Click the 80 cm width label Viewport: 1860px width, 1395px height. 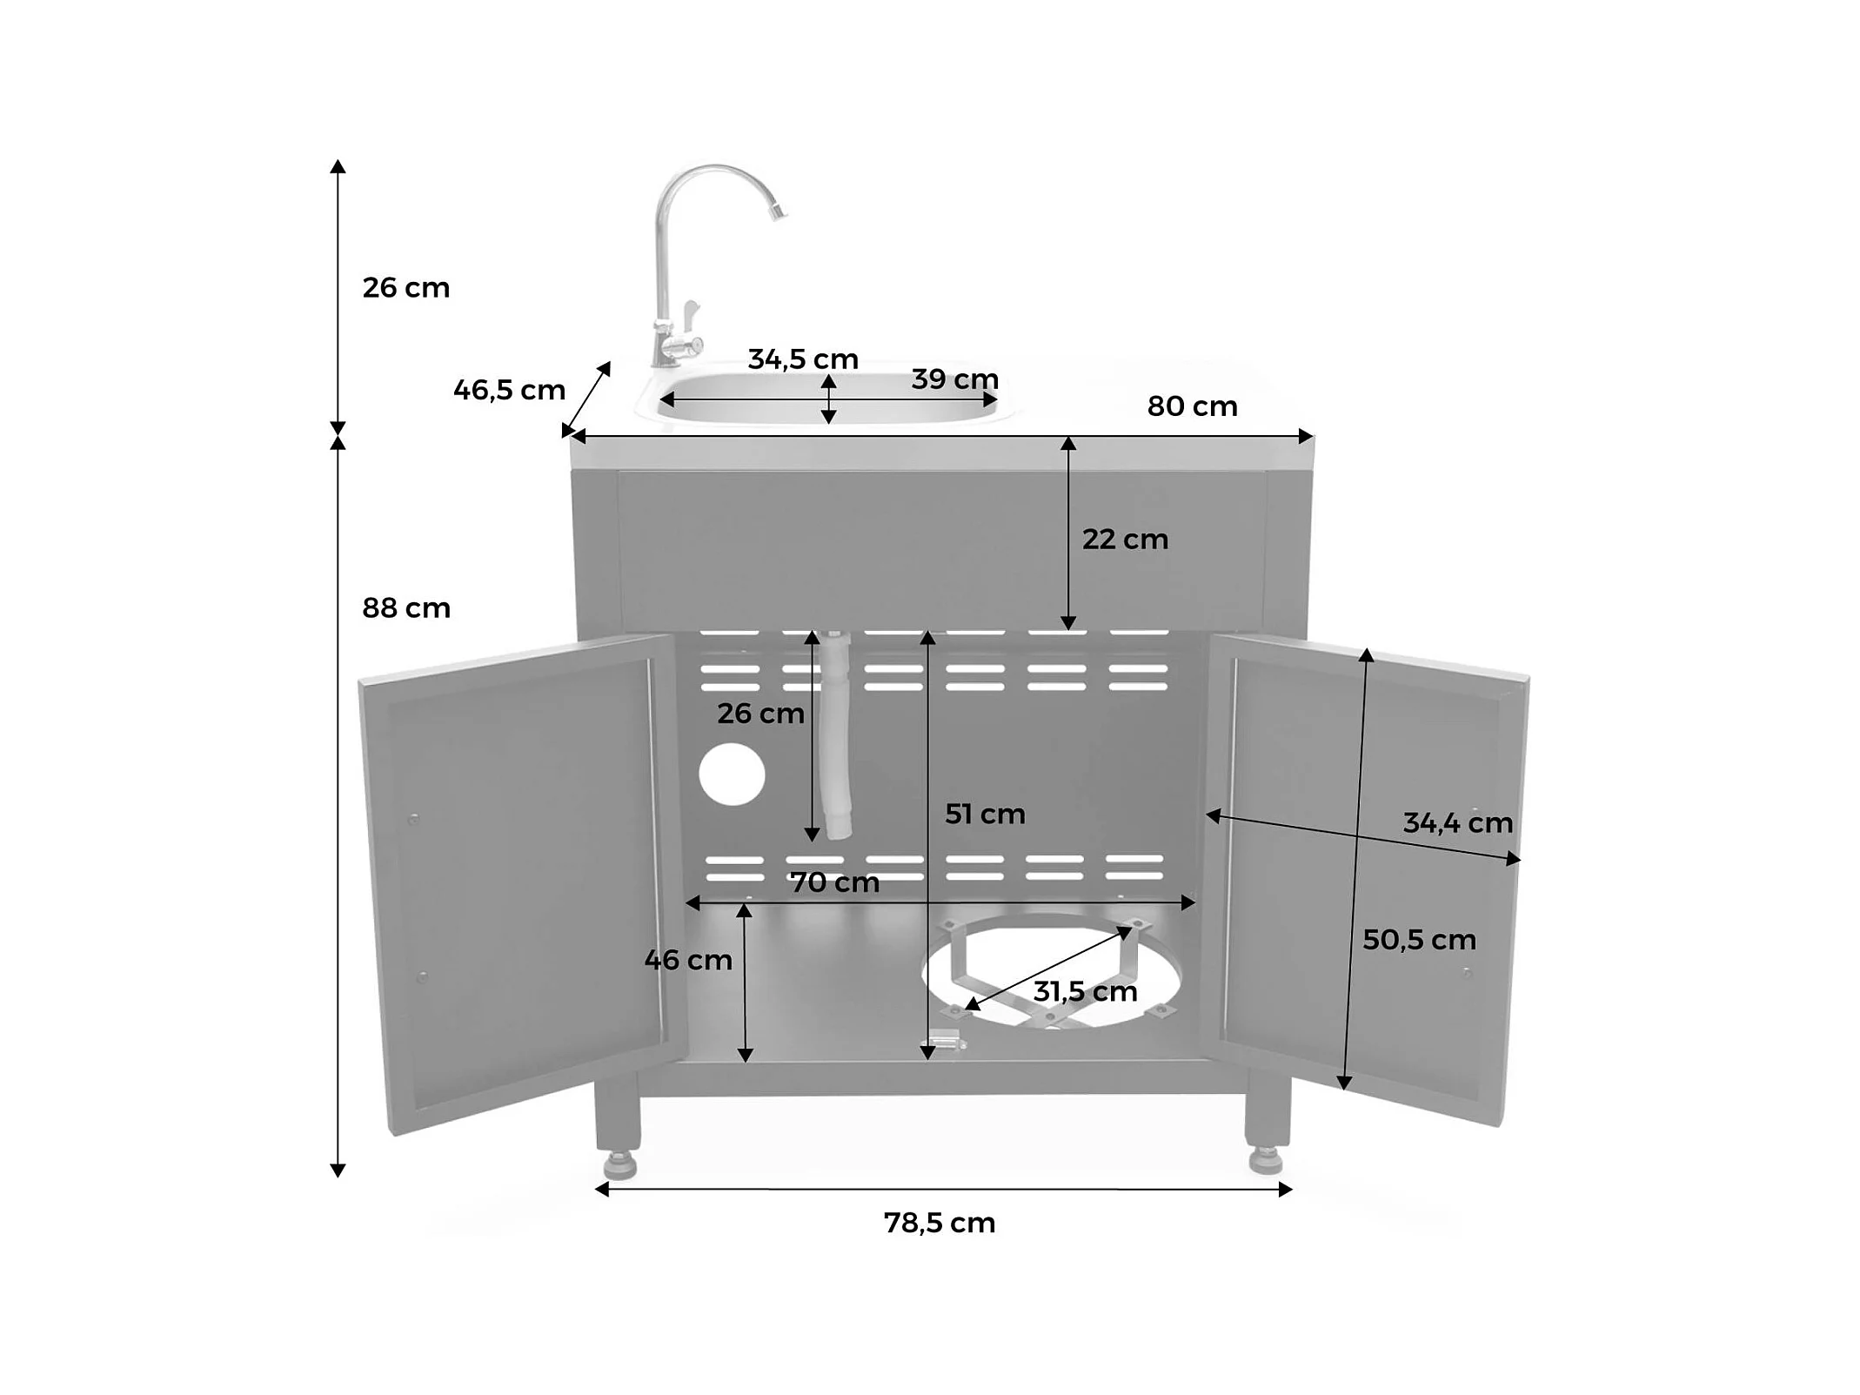(1192, 406)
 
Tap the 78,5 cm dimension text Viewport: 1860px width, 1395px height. (940, 1223)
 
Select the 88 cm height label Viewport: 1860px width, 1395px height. (406, 607)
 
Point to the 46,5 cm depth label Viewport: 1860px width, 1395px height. (509, 390)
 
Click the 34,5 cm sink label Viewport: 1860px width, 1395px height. (803, 359)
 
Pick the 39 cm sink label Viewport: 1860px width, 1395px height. (954, 379)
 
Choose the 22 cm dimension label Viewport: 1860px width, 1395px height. (1125, 540)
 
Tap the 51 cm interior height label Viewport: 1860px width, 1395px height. (985, 815)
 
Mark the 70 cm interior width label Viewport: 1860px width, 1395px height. (834, 882)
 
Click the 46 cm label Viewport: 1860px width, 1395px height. (688, 960)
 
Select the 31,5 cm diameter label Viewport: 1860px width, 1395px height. (1085, 991)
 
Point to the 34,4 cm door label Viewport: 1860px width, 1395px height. (1458, 823)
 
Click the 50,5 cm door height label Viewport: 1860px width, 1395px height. (1419, 940)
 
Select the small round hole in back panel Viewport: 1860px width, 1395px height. (732, 774)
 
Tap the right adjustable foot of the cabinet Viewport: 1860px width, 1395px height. (1266, 1160)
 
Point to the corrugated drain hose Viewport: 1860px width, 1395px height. (837, 735)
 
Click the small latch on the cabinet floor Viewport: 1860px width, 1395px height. (945, 1040)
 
